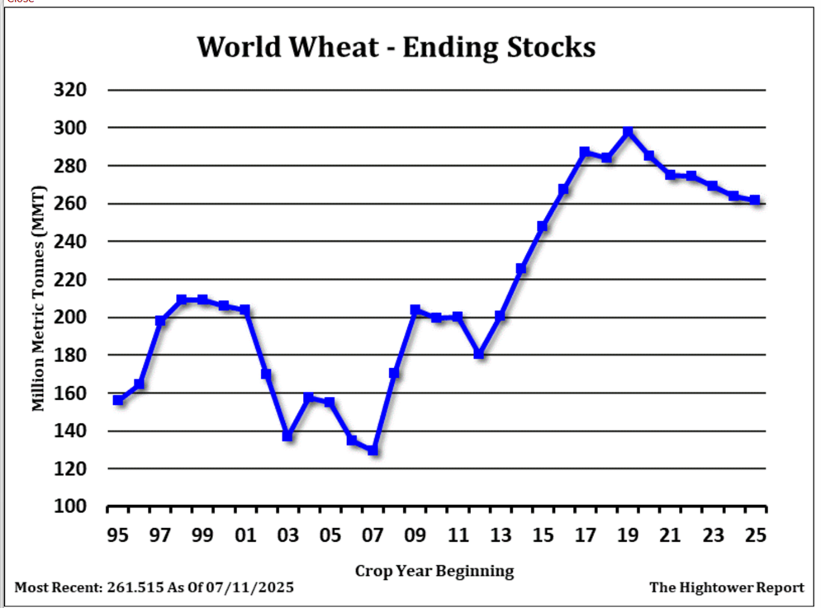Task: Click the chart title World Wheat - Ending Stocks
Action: click(396, 47)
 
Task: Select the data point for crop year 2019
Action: click(628, 132)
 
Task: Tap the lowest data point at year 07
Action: click(373, 450)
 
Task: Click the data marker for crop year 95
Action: click(118, 400)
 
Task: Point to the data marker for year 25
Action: click(755, 200)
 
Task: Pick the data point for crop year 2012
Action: click(479, 354)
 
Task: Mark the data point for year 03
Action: click(287, 436)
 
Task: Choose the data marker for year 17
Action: click(585, 153)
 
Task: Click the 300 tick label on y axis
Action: click(69, 128)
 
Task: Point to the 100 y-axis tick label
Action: click(69, 507)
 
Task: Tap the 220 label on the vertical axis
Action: click(69, 280)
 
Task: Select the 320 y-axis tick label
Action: click(69, 90)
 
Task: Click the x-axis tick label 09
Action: click(415, 536)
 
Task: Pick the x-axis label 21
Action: click(670, 536)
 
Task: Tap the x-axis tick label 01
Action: click(245, 536)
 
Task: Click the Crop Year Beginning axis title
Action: click(434, 571)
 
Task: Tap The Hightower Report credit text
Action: click(726, 588)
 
